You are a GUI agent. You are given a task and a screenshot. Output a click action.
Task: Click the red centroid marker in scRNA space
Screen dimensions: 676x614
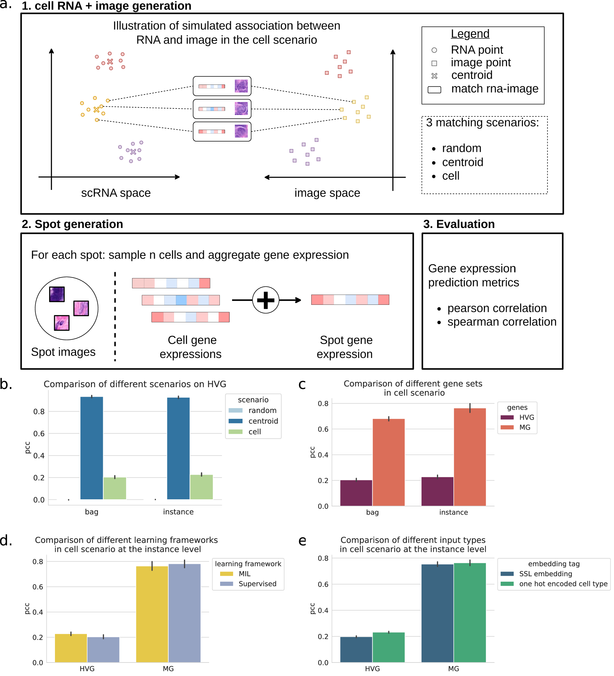tap(110, 62)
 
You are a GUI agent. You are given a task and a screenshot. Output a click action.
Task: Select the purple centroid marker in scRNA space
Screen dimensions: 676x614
tap(133, 152)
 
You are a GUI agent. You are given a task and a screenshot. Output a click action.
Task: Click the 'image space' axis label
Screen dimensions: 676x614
tap(327, 193)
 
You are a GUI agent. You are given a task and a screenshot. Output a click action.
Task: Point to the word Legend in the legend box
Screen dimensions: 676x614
tap(470, 34)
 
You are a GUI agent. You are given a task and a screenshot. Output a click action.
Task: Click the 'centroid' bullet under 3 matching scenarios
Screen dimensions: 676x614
tap(462, 162)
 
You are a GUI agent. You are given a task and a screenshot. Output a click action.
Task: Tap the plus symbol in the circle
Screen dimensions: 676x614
tap(265, 300)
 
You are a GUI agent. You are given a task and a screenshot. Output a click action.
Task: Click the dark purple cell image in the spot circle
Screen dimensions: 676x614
tap(56, 294)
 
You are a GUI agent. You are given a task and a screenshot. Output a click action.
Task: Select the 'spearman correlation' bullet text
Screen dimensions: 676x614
tap(501, 322)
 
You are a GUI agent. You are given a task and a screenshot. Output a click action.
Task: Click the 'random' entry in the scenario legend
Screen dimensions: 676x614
tap(262, 411)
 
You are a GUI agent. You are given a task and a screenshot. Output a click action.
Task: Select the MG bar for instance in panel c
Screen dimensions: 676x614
tap(469, 457)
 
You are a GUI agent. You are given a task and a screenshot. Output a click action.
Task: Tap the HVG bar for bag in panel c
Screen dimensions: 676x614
tap(356, 493)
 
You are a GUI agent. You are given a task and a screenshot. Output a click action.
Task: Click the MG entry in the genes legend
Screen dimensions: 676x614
tap(524, 427)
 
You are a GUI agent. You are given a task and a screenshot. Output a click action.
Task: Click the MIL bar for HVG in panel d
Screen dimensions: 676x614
tap(71, 648)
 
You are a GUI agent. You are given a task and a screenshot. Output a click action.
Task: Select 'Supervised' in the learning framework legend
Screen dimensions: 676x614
tap(257, 584)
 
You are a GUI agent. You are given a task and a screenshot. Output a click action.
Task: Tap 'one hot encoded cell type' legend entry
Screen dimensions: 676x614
tap(563, 584)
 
